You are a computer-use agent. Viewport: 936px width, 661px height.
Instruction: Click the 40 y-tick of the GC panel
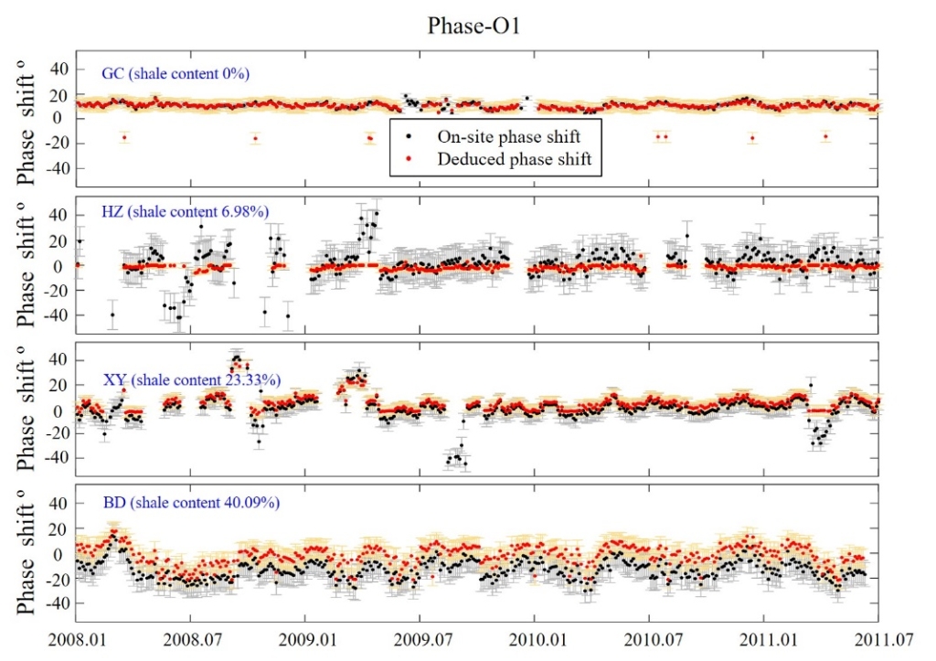(x=58, y=68)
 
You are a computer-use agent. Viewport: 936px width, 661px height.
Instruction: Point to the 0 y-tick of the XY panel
(x=64, y=410)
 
